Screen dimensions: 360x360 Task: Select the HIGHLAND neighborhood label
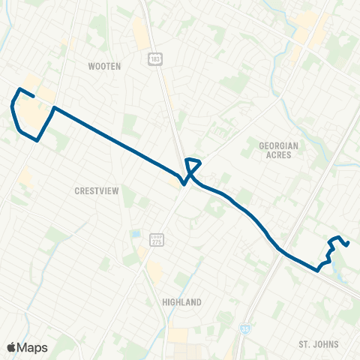point(181,302)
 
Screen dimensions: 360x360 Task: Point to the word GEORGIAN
point(278,145)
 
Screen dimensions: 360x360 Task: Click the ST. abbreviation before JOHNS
point(304,344)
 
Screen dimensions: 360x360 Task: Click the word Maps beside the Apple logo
point(32,347)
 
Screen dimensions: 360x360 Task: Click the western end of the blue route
point(35,96)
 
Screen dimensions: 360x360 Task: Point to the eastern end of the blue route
point(349,243)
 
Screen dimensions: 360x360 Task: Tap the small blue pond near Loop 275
point(136,235)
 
